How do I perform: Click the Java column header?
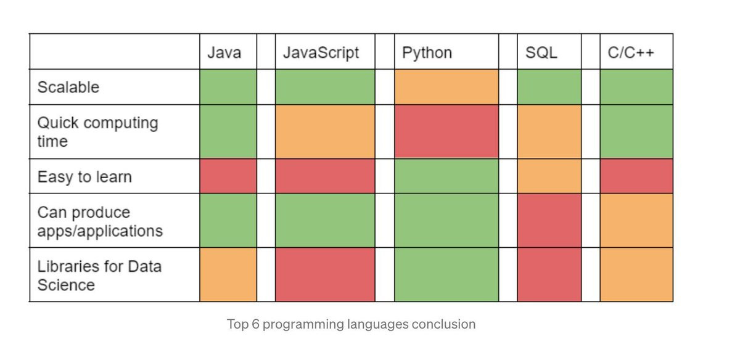[223, 52]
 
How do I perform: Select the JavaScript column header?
[321, 52]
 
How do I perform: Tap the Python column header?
[427, 52]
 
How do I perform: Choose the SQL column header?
[541, 52]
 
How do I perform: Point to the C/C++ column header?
[631, 52]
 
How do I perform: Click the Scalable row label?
[68, 87]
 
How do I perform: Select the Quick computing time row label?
[97, 131]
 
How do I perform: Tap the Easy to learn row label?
[84, 177]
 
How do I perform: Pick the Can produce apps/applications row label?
[100, 221]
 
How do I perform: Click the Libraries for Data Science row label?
[99, 276]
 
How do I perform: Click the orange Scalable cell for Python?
[446, 87]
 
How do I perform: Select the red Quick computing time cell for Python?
[446, 131]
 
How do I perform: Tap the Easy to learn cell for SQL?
[549, 177]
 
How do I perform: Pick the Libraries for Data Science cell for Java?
[228, 275]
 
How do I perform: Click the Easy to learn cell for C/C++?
[636, 177]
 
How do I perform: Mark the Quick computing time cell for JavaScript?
[325, 131]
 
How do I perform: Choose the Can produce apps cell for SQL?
[549, 221]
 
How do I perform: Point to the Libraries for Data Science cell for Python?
[446, 275]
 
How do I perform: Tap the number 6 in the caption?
[255, 324]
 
